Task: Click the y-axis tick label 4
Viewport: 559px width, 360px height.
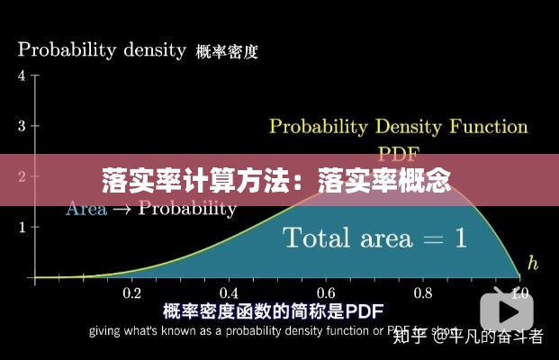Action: pos(22,75)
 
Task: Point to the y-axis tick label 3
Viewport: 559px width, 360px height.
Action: pos(22,125)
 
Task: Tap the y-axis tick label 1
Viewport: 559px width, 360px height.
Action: pos(22,226)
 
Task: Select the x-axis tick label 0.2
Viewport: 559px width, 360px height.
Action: pos(131,292)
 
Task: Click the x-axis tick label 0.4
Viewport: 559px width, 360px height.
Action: pos(229,292)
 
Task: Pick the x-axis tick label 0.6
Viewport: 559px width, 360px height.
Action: pos(326,292)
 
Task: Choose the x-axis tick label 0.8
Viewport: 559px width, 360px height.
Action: pos(422,292)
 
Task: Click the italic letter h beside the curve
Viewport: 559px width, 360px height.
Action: pos(533,263)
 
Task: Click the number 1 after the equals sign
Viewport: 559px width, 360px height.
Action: pos(460,238)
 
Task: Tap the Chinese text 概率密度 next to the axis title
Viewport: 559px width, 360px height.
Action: pos(227,51)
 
